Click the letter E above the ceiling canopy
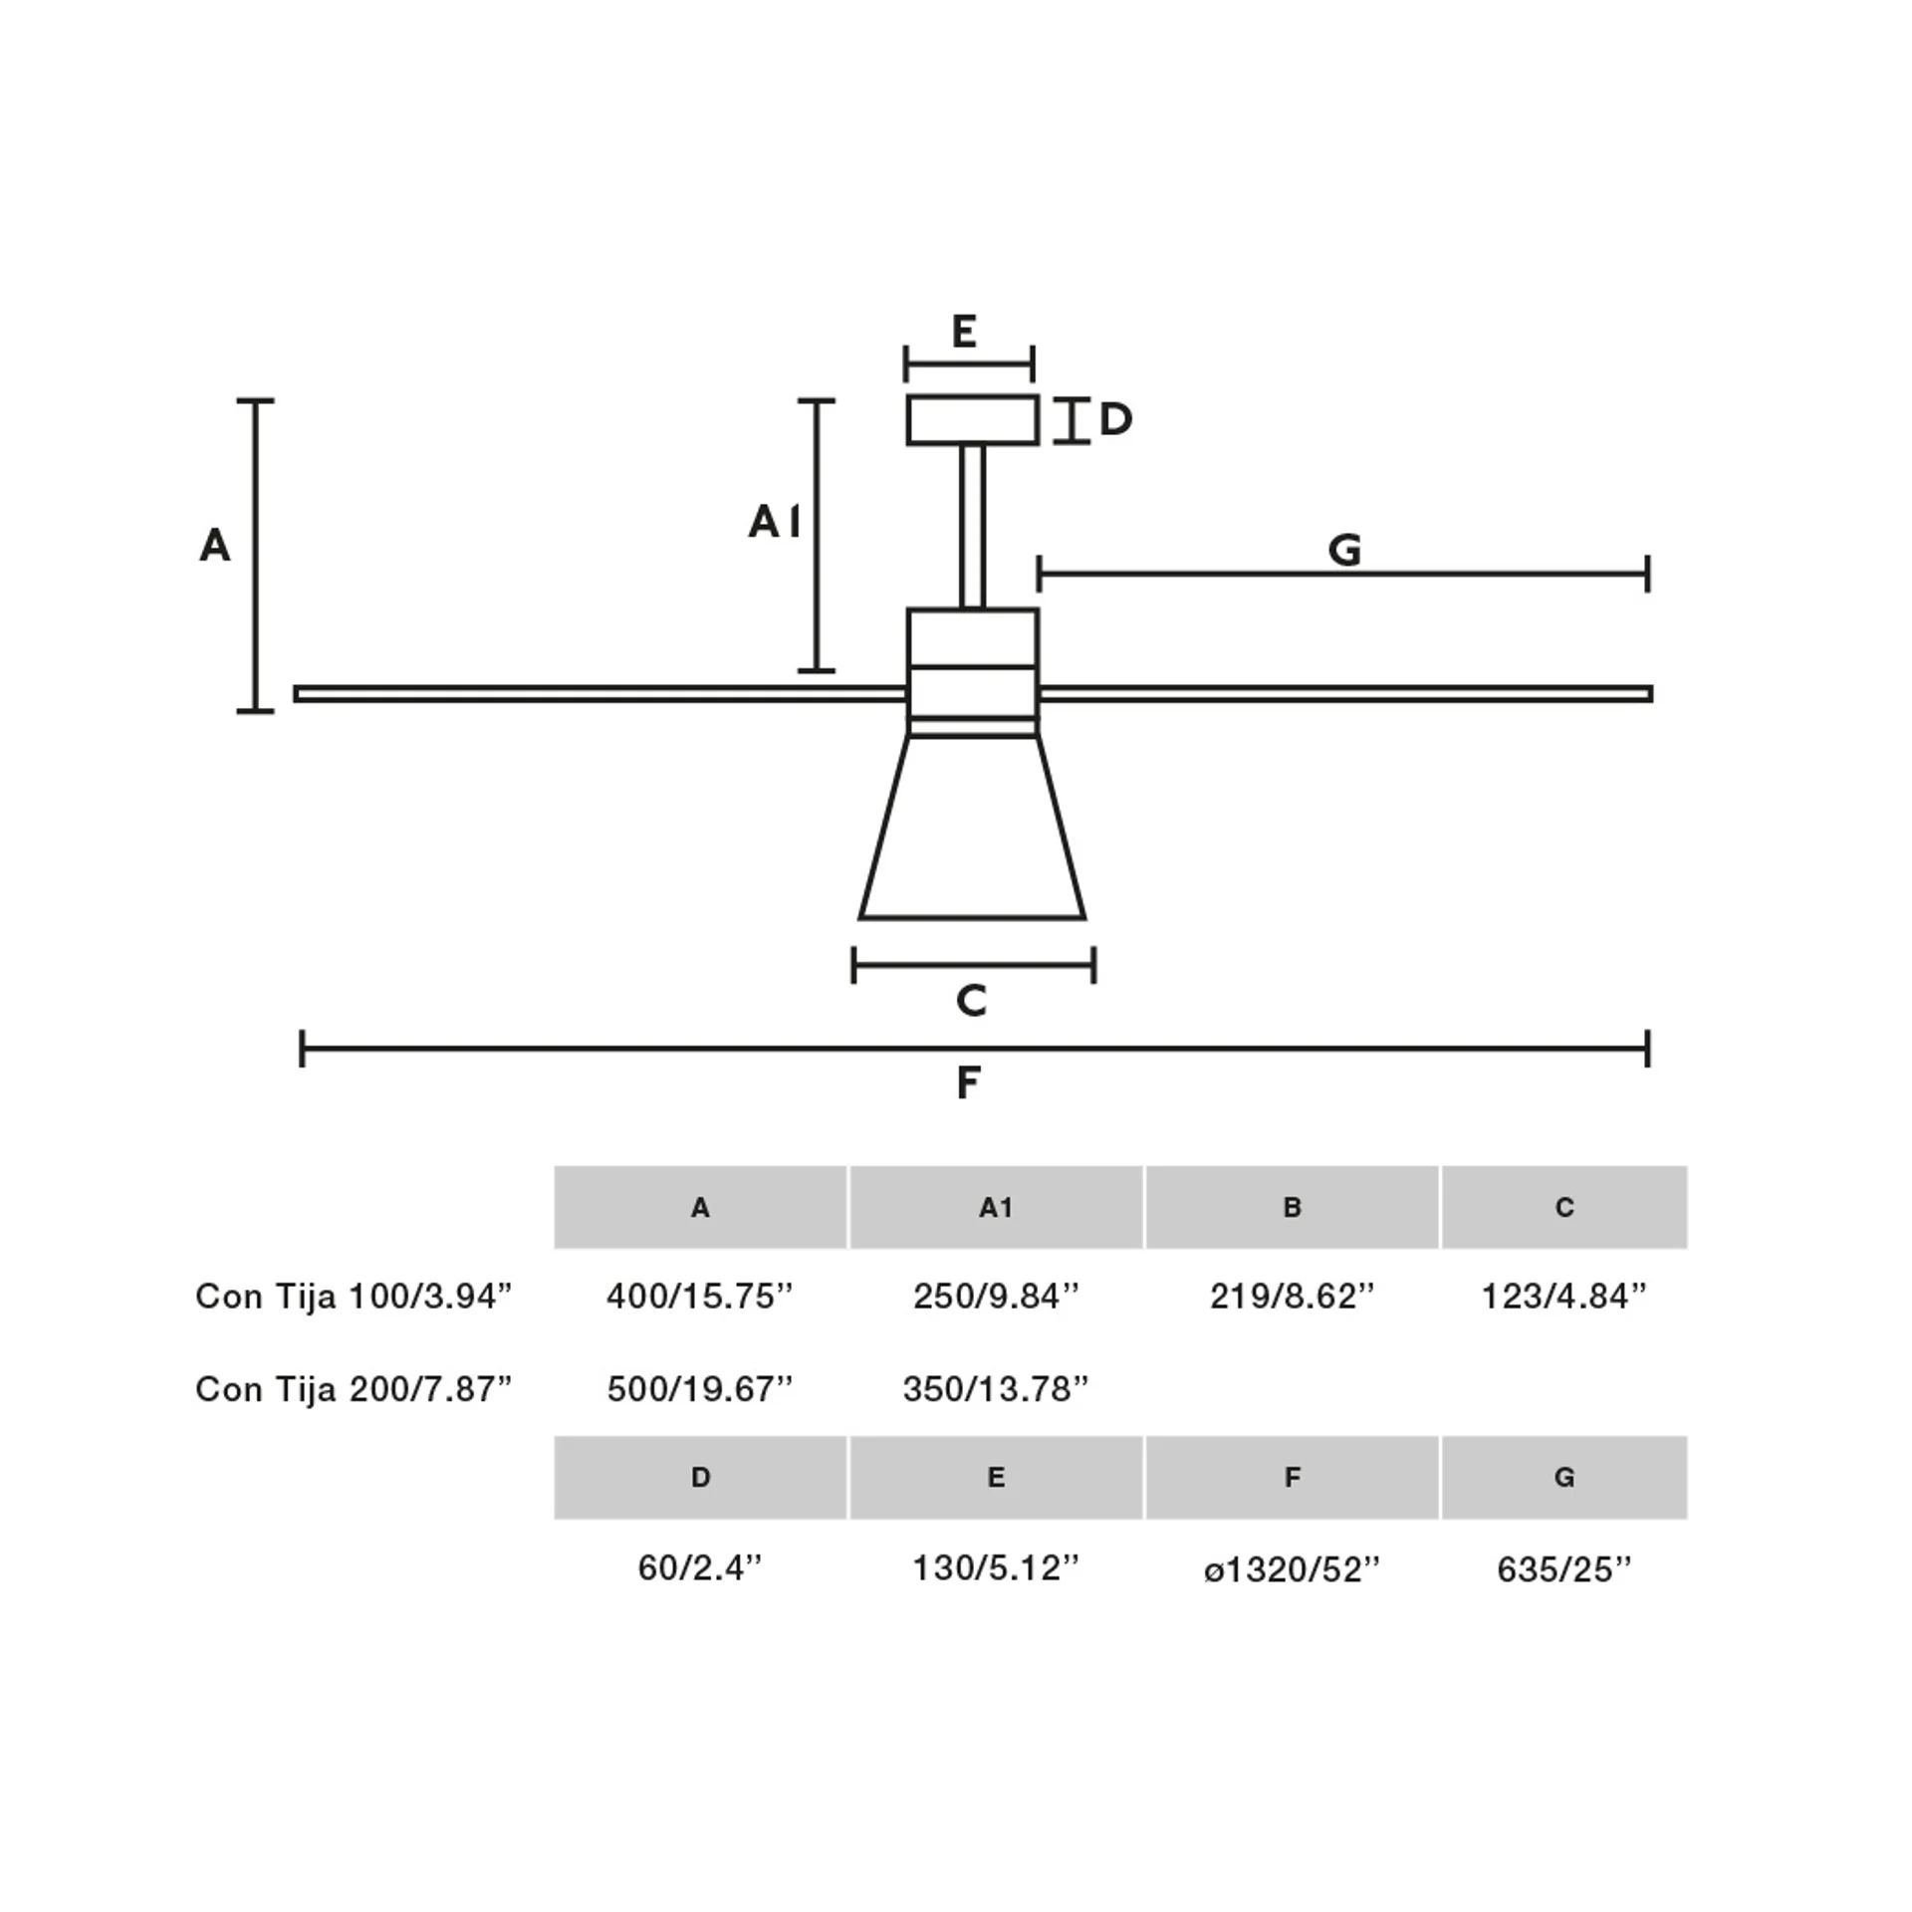point(964,332)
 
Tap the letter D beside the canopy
point(1115,420)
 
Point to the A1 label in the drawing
point(775,522)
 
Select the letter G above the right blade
point(1345,550)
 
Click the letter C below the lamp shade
point(971,1000)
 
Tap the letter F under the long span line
point(968,1082)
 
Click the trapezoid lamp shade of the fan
point(972,827)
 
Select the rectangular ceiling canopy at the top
point(973,420)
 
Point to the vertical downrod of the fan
point(973,527)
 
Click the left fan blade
point(600,694)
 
